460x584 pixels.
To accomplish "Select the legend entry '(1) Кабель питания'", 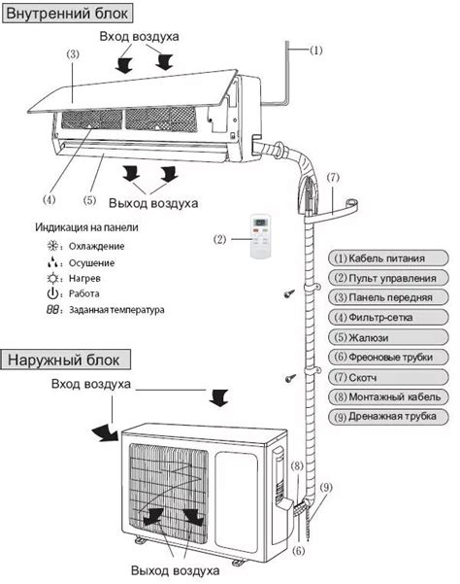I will click(x=390, y=258).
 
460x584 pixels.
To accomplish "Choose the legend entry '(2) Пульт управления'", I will click(x=390, y=278).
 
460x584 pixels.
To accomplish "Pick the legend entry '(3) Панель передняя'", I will click(x=390, y=298).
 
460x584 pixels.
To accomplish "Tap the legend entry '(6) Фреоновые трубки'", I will click(x=390, y=358).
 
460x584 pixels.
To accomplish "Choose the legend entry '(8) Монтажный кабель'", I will click(x=390, y=396).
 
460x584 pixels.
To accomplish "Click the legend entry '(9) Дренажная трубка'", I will click(x=390, y=417).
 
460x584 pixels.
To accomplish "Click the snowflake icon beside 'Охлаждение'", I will click(x=52, y=247).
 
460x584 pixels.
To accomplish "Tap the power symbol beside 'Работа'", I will click(x=52, y=293).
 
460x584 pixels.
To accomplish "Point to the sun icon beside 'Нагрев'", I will click(x=52, y=278).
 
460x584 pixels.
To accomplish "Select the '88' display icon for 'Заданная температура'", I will click(x=52, y=310).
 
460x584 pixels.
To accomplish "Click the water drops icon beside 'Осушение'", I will click(x=52, y=262).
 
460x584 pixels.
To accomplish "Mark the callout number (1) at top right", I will click(x=316, y=50).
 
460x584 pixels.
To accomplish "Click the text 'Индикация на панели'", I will click(x=87, y=227).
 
